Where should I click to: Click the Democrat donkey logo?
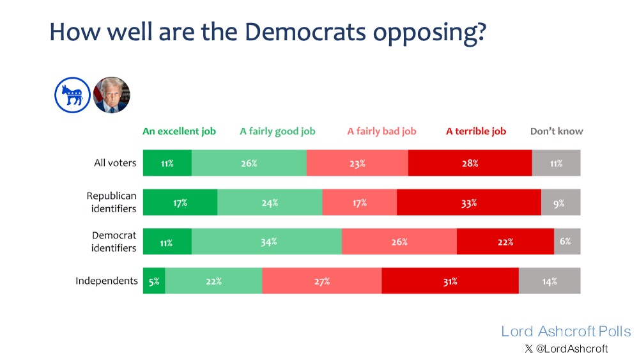(72, 95)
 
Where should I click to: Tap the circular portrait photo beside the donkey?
(112, 95)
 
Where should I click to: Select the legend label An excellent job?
(179, 131)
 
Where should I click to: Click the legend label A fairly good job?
(277, 131)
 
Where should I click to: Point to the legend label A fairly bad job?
(381, 131)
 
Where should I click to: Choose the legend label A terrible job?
(476, 131)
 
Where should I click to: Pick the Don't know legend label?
(557, 131)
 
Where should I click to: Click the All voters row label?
(115, 162)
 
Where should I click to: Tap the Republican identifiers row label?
(112, 202)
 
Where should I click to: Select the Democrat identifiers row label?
(114, 242)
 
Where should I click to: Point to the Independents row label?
(107, 281)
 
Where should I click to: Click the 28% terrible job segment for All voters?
(470, 163)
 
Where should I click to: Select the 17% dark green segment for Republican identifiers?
(180, 203)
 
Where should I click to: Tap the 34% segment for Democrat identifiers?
(266, 242)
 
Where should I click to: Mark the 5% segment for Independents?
(154, 281)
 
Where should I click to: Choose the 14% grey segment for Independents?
(550, 281)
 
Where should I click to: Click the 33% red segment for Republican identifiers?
(468, 203)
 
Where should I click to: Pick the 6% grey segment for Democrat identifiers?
(566, 242)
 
